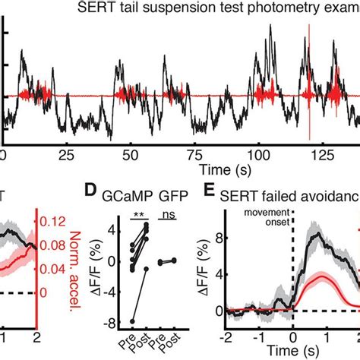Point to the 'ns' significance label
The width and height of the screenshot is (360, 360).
(177, 214)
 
